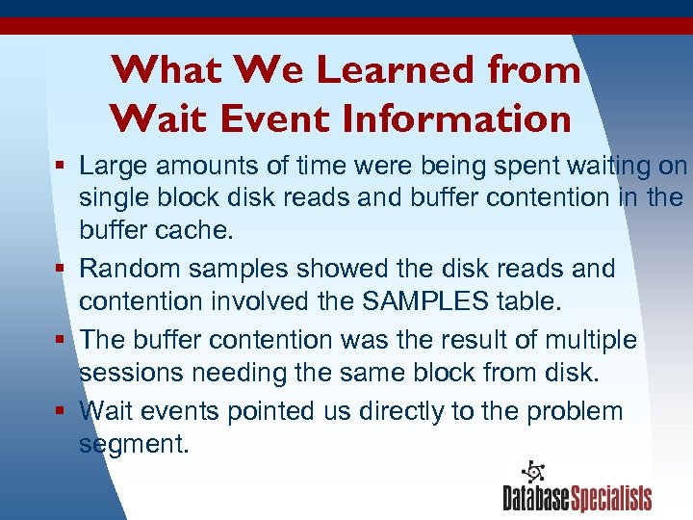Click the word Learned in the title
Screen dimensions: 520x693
(397, 70)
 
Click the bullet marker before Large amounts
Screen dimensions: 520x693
(60, 167)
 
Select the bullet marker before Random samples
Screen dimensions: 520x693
(60, 268)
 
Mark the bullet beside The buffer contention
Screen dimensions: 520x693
(60, 340)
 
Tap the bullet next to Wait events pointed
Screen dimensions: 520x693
(60, 411)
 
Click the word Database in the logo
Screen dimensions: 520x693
(536, 498)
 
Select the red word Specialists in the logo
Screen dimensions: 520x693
(611, 498)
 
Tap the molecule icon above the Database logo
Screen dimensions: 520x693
(532, 472)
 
